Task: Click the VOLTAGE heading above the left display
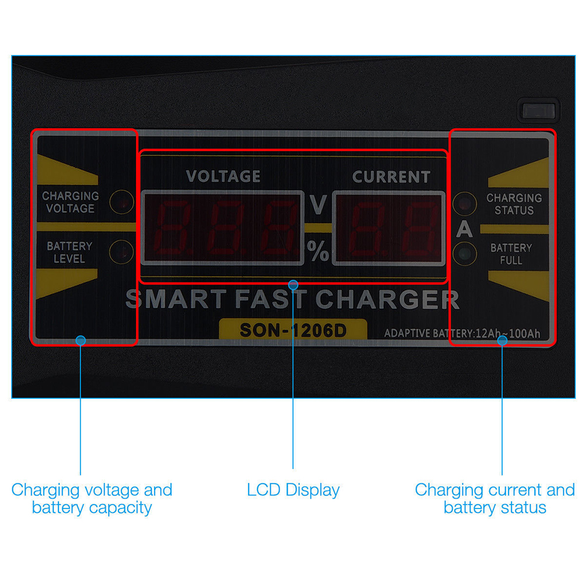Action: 223,176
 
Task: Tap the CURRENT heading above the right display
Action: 391,177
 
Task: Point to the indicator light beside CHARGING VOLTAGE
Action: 121,202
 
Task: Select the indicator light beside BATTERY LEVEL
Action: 121,252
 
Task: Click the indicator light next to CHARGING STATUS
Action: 465,204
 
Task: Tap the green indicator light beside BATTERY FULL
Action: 465,254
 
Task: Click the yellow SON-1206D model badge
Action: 293,329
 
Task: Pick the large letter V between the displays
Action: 318,204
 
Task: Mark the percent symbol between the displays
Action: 318,250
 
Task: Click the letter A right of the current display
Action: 464,229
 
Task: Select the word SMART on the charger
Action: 175,299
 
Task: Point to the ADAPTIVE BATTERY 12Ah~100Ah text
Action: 462,333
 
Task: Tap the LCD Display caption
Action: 293,490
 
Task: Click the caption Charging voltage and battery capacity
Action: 92,499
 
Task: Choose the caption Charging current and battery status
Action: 495,499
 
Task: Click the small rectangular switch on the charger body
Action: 538,111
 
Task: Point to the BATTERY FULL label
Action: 511,254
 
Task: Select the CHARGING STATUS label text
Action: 514,204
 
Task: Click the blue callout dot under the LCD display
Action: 293,285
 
